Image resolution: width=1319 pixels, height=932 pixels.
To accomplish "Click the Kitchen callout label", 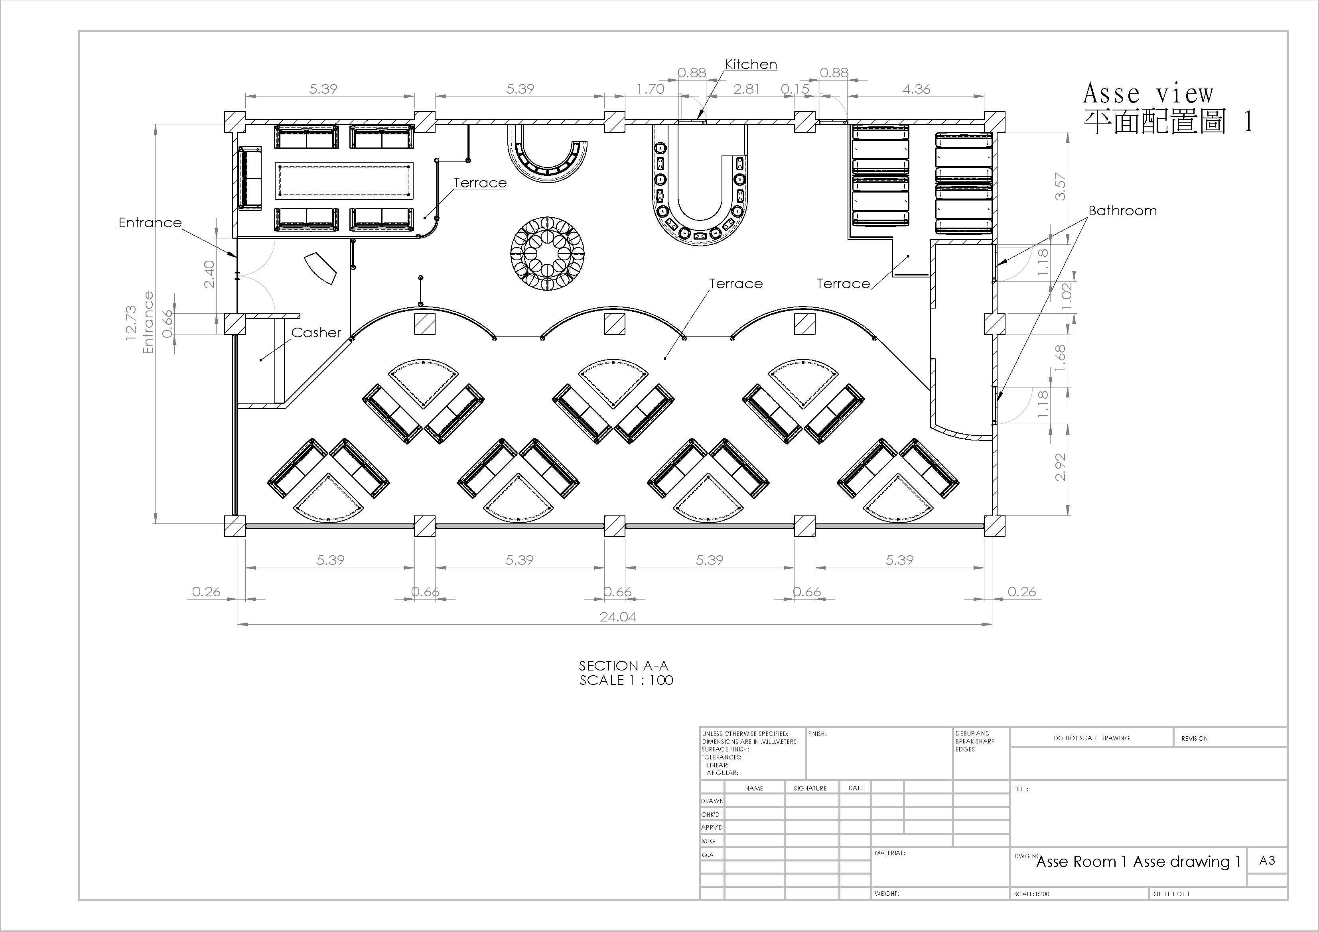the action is click(751, 64).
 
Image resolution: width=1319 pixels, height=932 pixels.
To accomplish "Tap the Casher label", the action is click(316, 332).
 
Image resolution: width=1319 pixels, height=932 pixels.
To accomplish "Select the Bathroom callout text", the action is click(1122, 211).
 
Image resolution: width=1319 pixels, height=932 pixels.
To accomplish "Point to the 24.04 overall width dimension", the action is click(617, 617).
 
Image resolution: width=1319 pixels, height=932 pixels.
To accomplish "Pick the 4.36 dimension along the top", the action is click(916, 89).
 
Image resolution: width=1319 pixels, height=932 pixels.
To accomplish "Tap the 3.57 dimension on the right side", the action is click(1061, 187).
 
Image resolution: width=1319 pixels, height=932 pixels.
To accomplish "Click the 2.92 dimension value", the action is click(1061, 467).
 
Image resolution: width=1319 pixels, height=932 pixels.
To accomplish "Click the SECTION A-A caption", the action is click(623, 666).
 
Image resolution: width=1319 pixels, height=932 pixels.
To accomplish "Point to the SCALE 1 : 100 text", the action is click(626, 680).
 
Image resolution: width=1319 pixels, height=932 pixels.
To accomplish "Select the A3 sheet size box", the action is click(1267, 860).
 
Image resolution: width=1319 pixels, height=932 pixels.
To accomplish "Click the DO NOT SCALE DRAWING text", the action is click(1092, 738).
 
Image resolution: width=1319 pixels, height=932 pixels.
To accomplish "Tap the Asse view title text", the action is click(1148, 93).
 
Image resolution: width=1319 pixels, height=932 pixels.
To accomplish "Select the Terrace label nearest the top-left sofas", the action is click(480, 183).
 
